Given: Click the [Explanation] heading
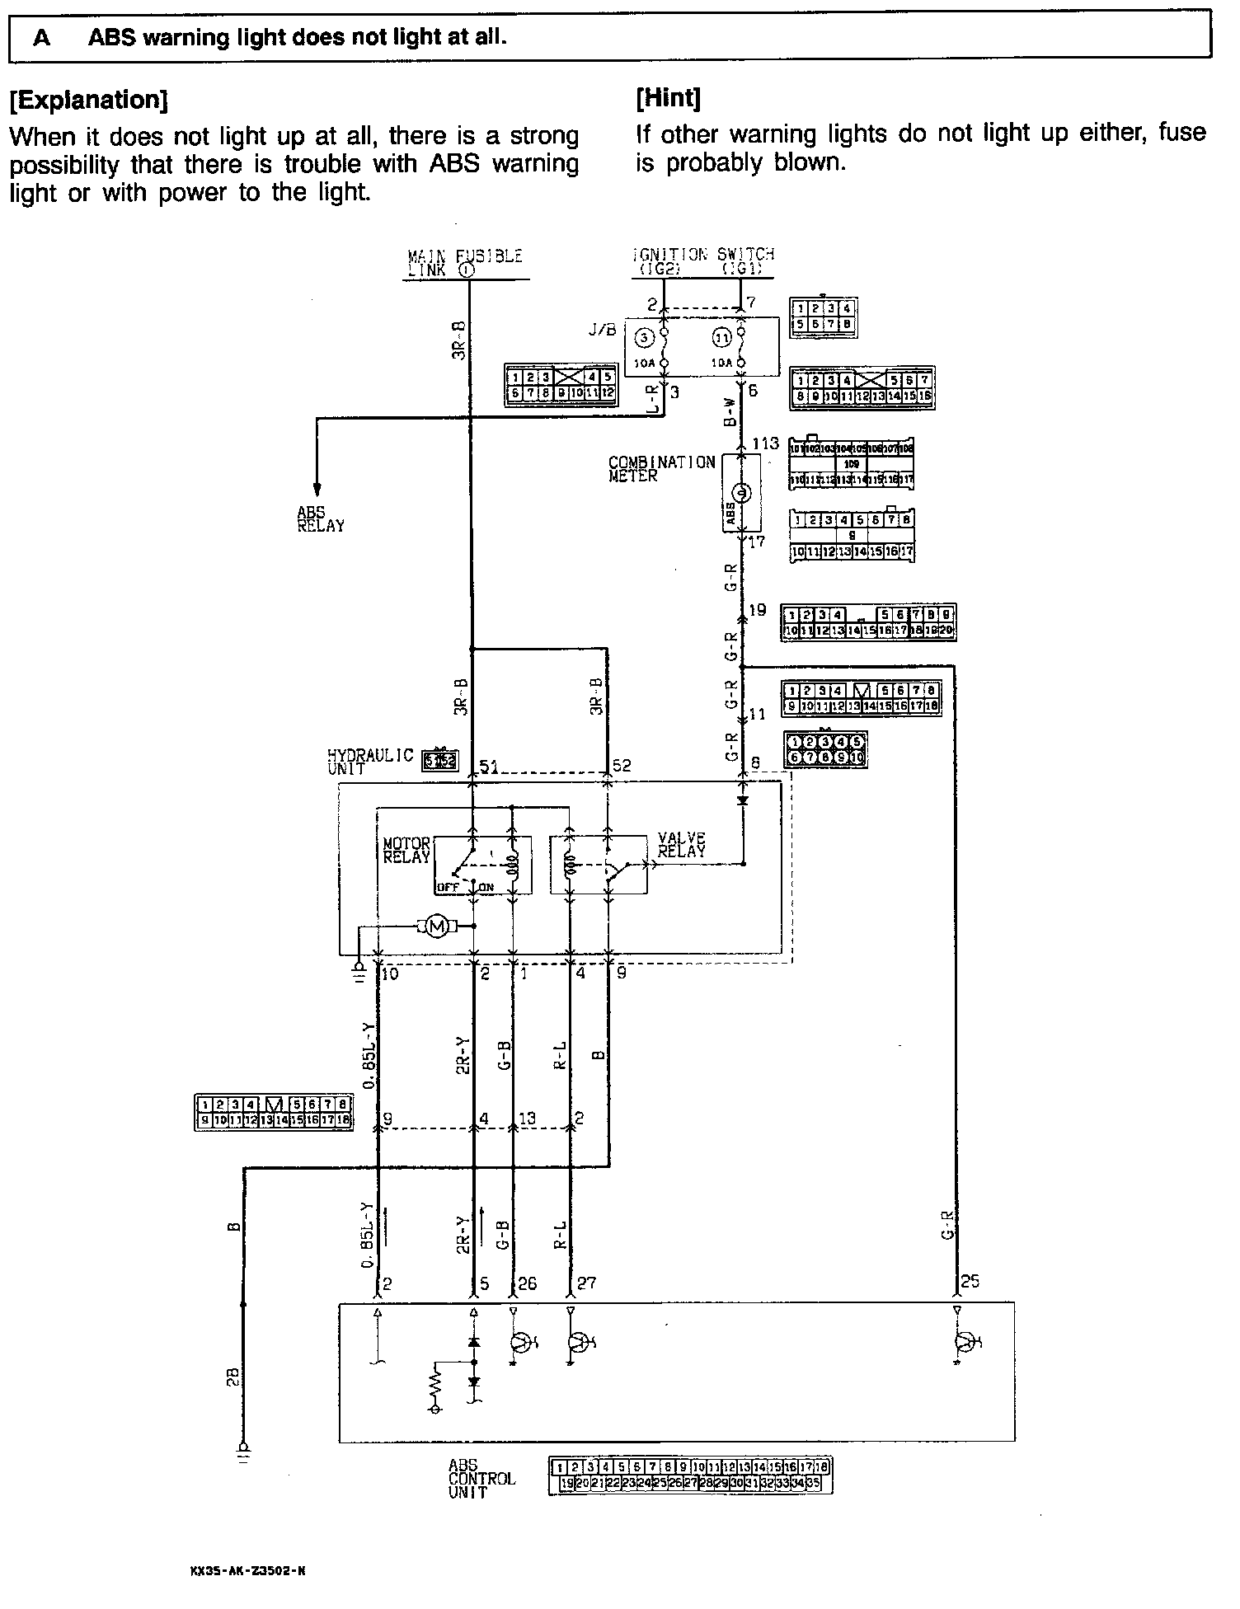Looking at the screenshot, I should (88, 101).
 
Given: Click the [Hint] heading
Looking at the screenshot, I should (668, 98).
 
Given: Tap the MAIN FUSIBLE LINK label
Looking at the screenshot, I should (465, 262).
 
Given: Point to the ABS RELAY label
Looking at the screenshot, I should (321, 518).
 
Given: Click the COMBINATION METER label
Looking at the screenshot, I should (661, 468).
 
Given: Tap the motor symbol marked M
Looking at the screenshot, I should (439, 927).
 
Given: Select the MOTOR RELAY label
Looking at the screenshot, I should (406, 850).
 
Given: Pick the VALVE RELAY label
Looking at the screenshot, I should (682, 845).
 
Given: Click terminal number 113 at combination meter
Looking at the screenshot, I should (764, 444).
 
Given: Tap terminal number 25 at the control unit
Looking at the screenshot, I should (970, 1283).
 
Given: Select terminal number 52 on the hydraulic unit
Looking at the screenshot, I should (621, 766).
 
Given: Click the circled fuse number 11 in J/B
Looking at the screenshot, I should (721, 338).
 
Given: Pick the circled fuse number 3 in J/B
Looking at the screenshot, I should (643, 338).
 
